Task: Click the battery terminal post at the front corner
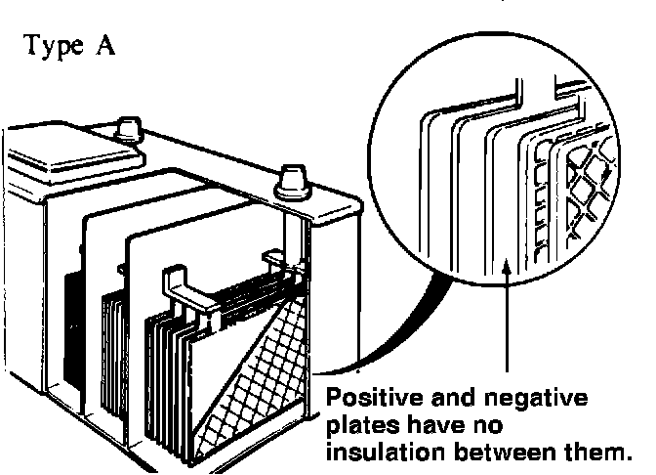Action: coord(290,181)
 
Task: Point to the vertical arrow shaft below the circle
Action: coord(508,323)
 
